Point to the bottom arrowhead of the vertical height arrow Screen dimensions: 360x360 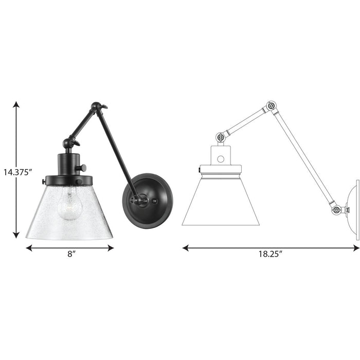(x=16, y=235)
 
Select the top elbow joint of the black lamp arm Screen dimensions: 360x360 (x=96, y=107)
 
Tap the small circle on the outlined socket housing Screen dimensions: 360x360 (x=221, y=159)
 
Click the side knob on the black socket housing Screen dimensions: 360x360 (x=81, y=168)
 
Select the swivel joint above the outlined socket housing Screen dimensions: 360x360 (x=221, y=138)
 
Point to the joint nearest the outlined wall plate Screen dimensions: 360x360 (x=335, y=210)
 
